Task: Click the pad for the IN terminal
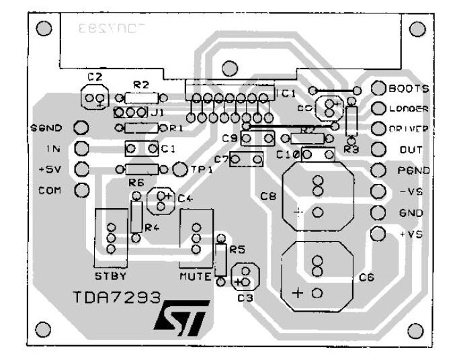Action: pyautogui.click(x=81, y=148)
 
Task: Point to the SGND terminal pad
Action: pyautogui.click(x=81, y=127)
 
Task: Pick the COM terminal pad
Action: pyautogui.click(x=81, y=189)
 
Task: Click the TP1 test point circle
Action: pyautogui.click(x=179, y=169)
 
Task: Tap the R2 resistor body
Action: pyautogui.click(x=140, y=97)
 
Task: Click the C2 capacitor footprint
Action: pyautogui.click(x=95, y=97)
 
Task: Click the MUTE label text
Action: pyautogui.click(x=196, y=276)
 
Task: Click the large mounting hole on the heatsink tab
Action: pyautogui.click(x=230, y=67)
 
